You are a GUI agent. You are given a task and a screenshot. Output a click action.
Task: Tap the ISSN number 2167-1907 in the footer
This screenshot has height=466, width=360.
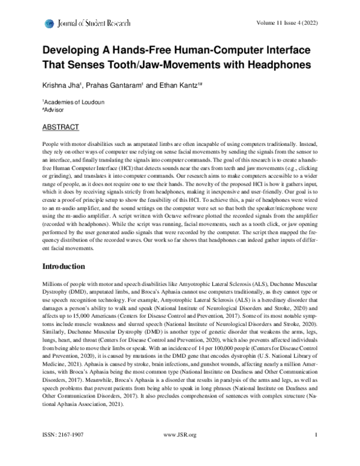(x=73, y=450)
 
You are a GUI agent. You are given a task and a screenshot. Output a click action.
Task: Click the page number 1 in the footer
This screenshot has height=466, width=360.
(x=315, y=450)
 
